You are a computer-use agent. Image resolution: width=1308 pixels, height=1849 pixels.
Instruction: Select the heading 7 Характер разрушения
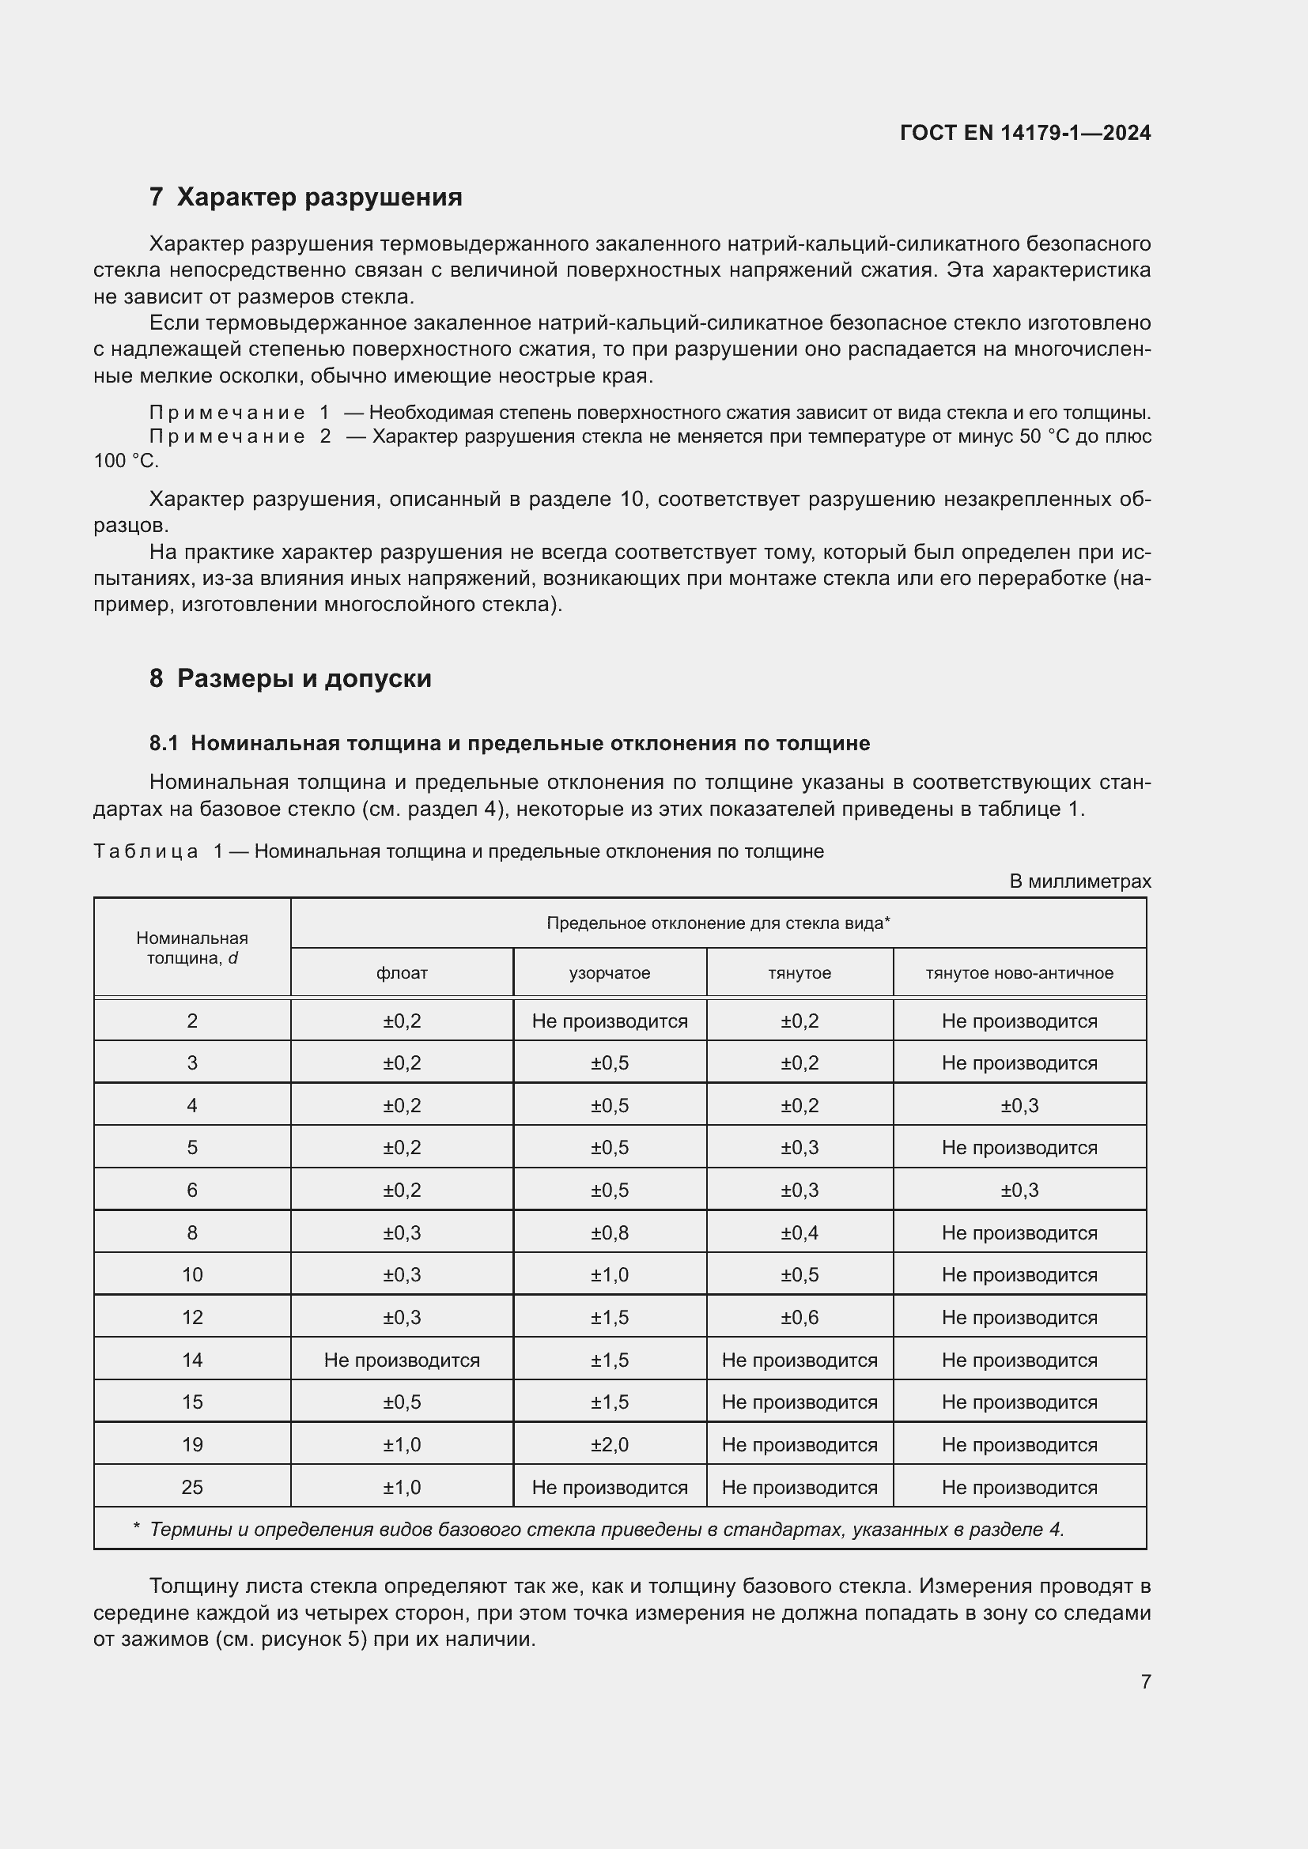click(305, 198)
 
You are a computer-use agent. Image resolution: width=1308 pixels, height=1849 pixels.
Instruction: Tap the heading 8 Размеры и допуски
click(290, 678)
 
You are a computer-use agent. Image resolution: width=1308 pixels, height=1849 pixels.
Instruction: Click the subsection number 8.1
click(164, 742)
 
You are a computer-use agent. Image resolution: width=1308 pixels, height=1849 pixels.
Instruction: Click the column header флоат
click(401, 973)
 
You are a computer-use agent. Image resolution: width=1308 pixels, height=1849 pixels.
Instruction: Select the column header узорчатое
click(609, 973)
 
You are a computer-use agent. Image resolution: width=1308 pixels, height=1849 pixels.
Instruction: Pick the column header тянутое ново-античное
click(1019, 973)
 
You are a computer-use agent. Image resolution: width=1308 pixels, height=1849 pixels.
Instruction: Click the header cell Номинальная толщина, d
click(191, 948)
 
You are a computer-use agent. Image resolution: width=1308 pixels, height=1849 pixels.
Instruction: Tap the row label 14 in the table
click(191, 1360)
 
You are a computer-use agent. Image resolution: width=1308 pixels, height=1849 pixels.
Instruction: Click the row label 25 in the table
click(191, 1488)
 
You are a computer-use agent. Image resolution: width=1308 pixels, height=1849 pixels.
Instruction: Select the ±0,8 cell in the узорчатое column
click(609, 1233)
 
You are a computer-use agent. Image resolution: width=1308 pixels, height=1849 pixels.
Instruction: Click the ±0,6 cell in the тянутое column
click(799, 1318)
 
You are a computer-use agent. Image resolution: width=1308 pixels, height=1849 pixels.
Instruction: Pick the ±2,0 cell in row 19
click(609, 1445)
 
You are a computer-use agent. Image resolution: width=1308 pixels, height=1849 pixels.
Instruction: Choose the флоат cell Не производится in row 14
click(401, 1360)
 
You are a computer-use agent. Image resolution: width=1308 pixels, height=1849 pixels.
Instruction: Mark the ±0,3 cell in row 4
click(1019, 1106)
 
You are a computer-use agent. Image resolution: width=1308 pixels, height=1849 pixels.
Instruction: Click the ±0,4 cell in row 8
click(799, 1233)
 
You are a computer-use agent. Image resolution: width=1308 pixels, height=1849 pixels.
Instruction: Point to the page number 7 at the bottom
click(1145, 1681)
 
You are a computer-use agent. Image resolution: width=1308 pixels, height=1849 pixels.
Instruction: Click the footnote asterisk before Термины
click(137, 1529)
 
